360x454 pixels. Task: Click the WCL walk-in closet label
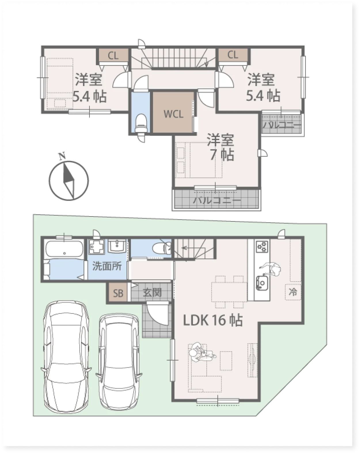point(173,114)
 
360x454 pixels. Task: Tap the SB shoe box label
point(118,293)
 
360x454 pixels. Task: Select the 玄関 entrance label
point(152,292)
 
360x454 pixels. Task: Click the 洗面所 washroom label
point(107,266)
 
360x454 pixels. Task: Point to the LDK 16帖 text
point(213,320)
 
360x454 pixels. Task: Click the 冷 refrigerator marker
point(293,292)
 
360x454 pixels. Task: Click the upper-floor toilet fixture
point(140,124)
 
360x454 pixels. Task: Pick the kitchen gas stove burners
point(262,246)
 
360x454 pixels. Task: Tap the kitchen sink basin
point(262,282)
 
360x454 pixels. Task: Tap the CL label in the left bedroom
point(113,56)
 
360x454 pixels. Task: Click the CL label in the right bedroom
point(233,55)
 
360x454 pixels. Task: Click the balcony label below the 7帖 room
point(217,200)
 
